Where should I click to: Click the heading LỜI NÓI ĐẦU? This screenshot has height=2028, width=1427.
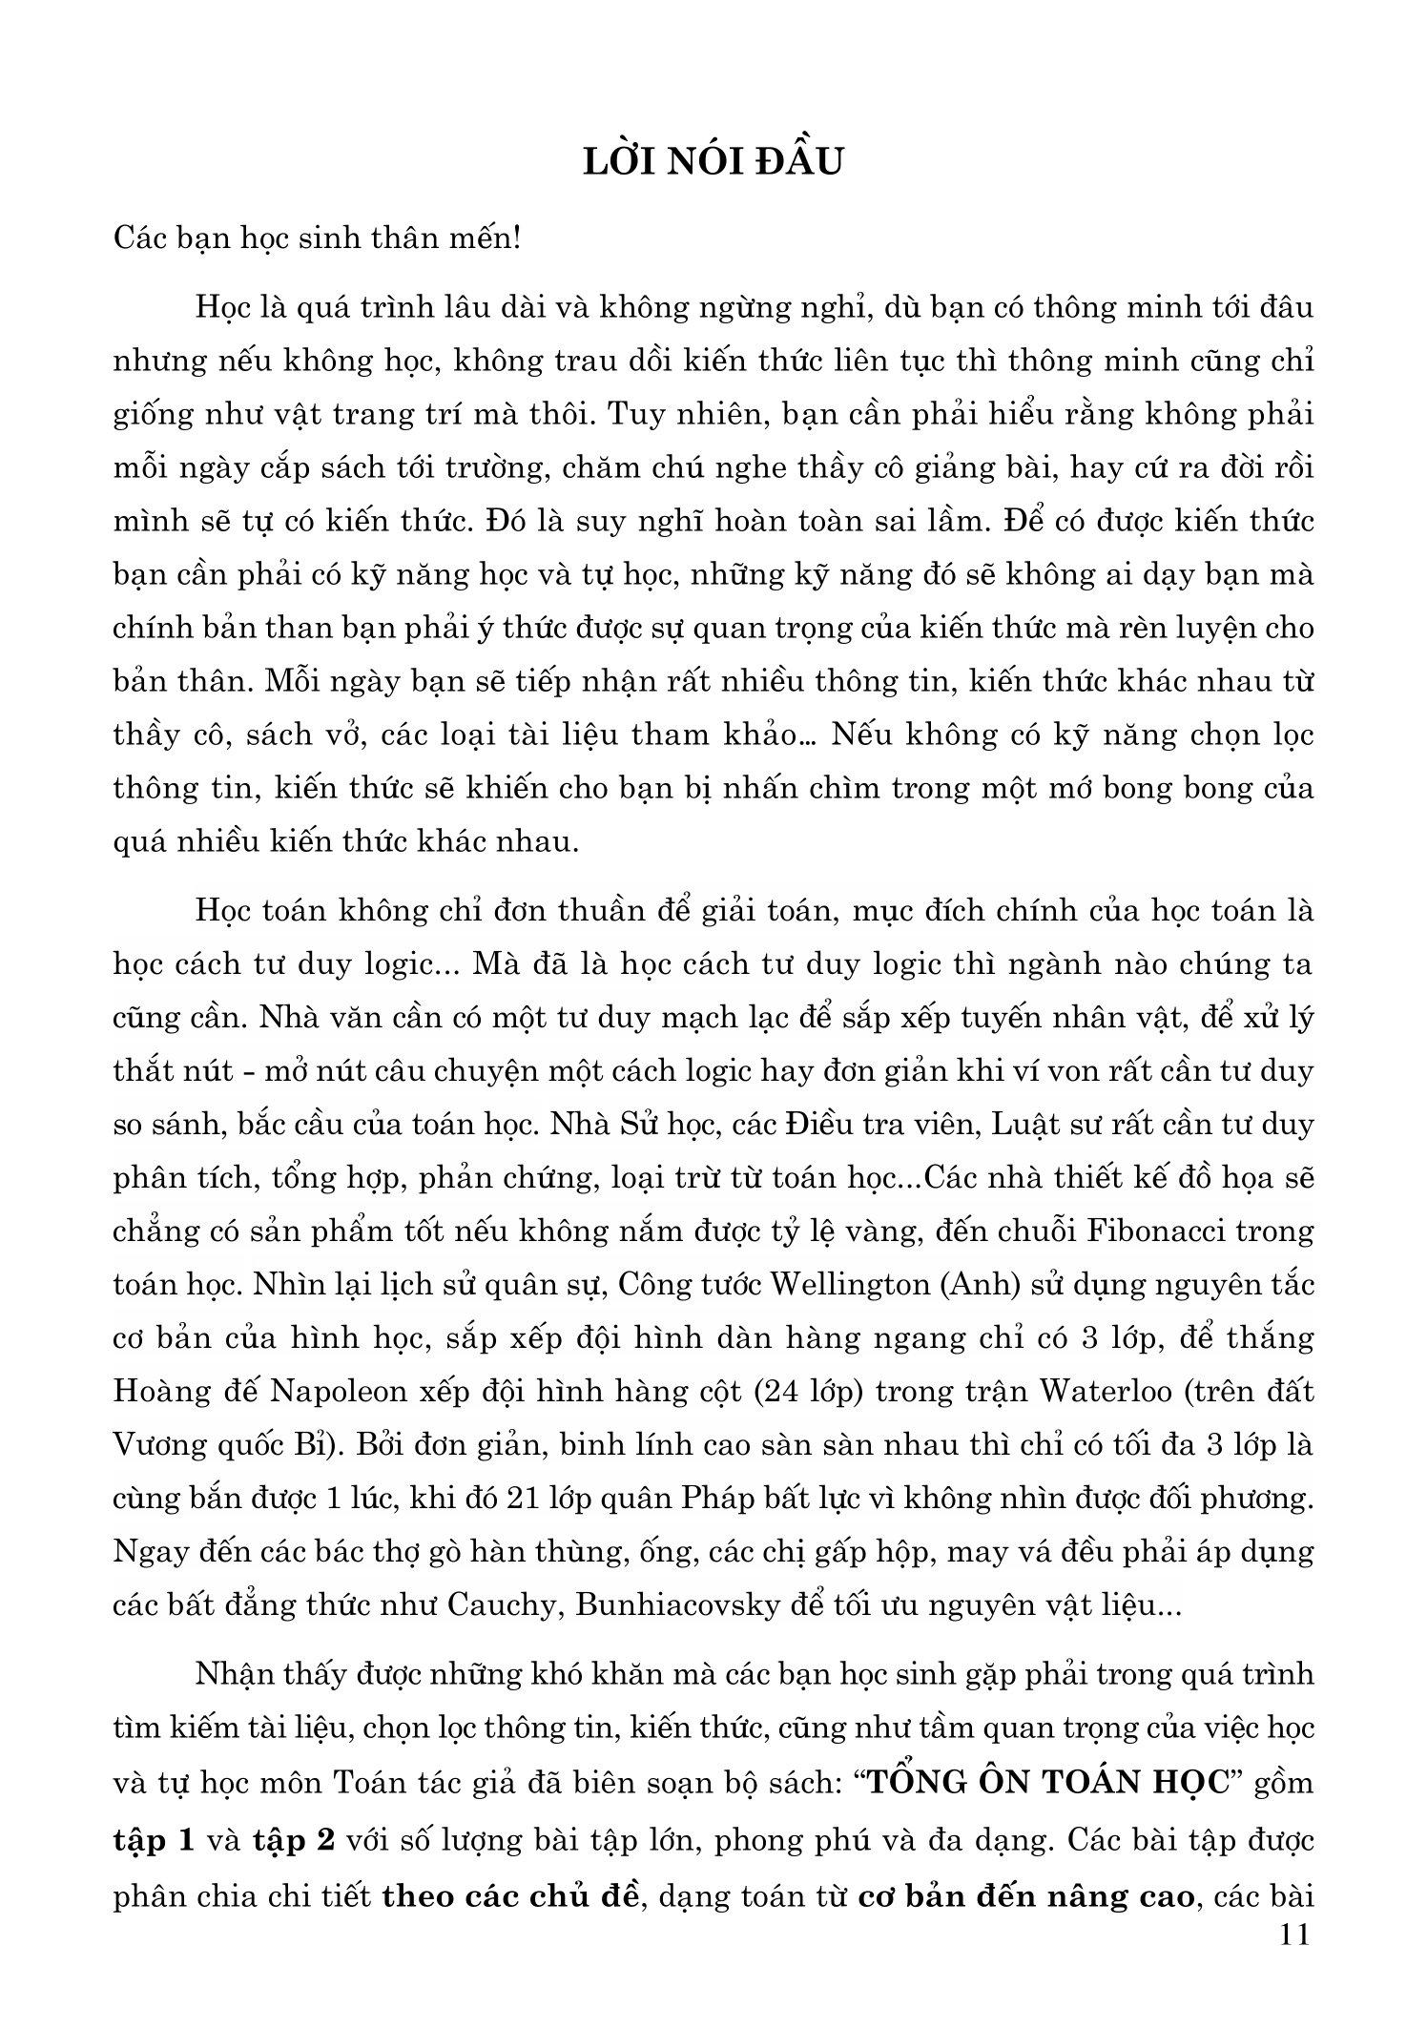(x=713, y=163)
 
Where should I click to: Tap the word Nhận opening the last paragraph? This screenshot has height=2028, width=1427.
(x=235, y=1675)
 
